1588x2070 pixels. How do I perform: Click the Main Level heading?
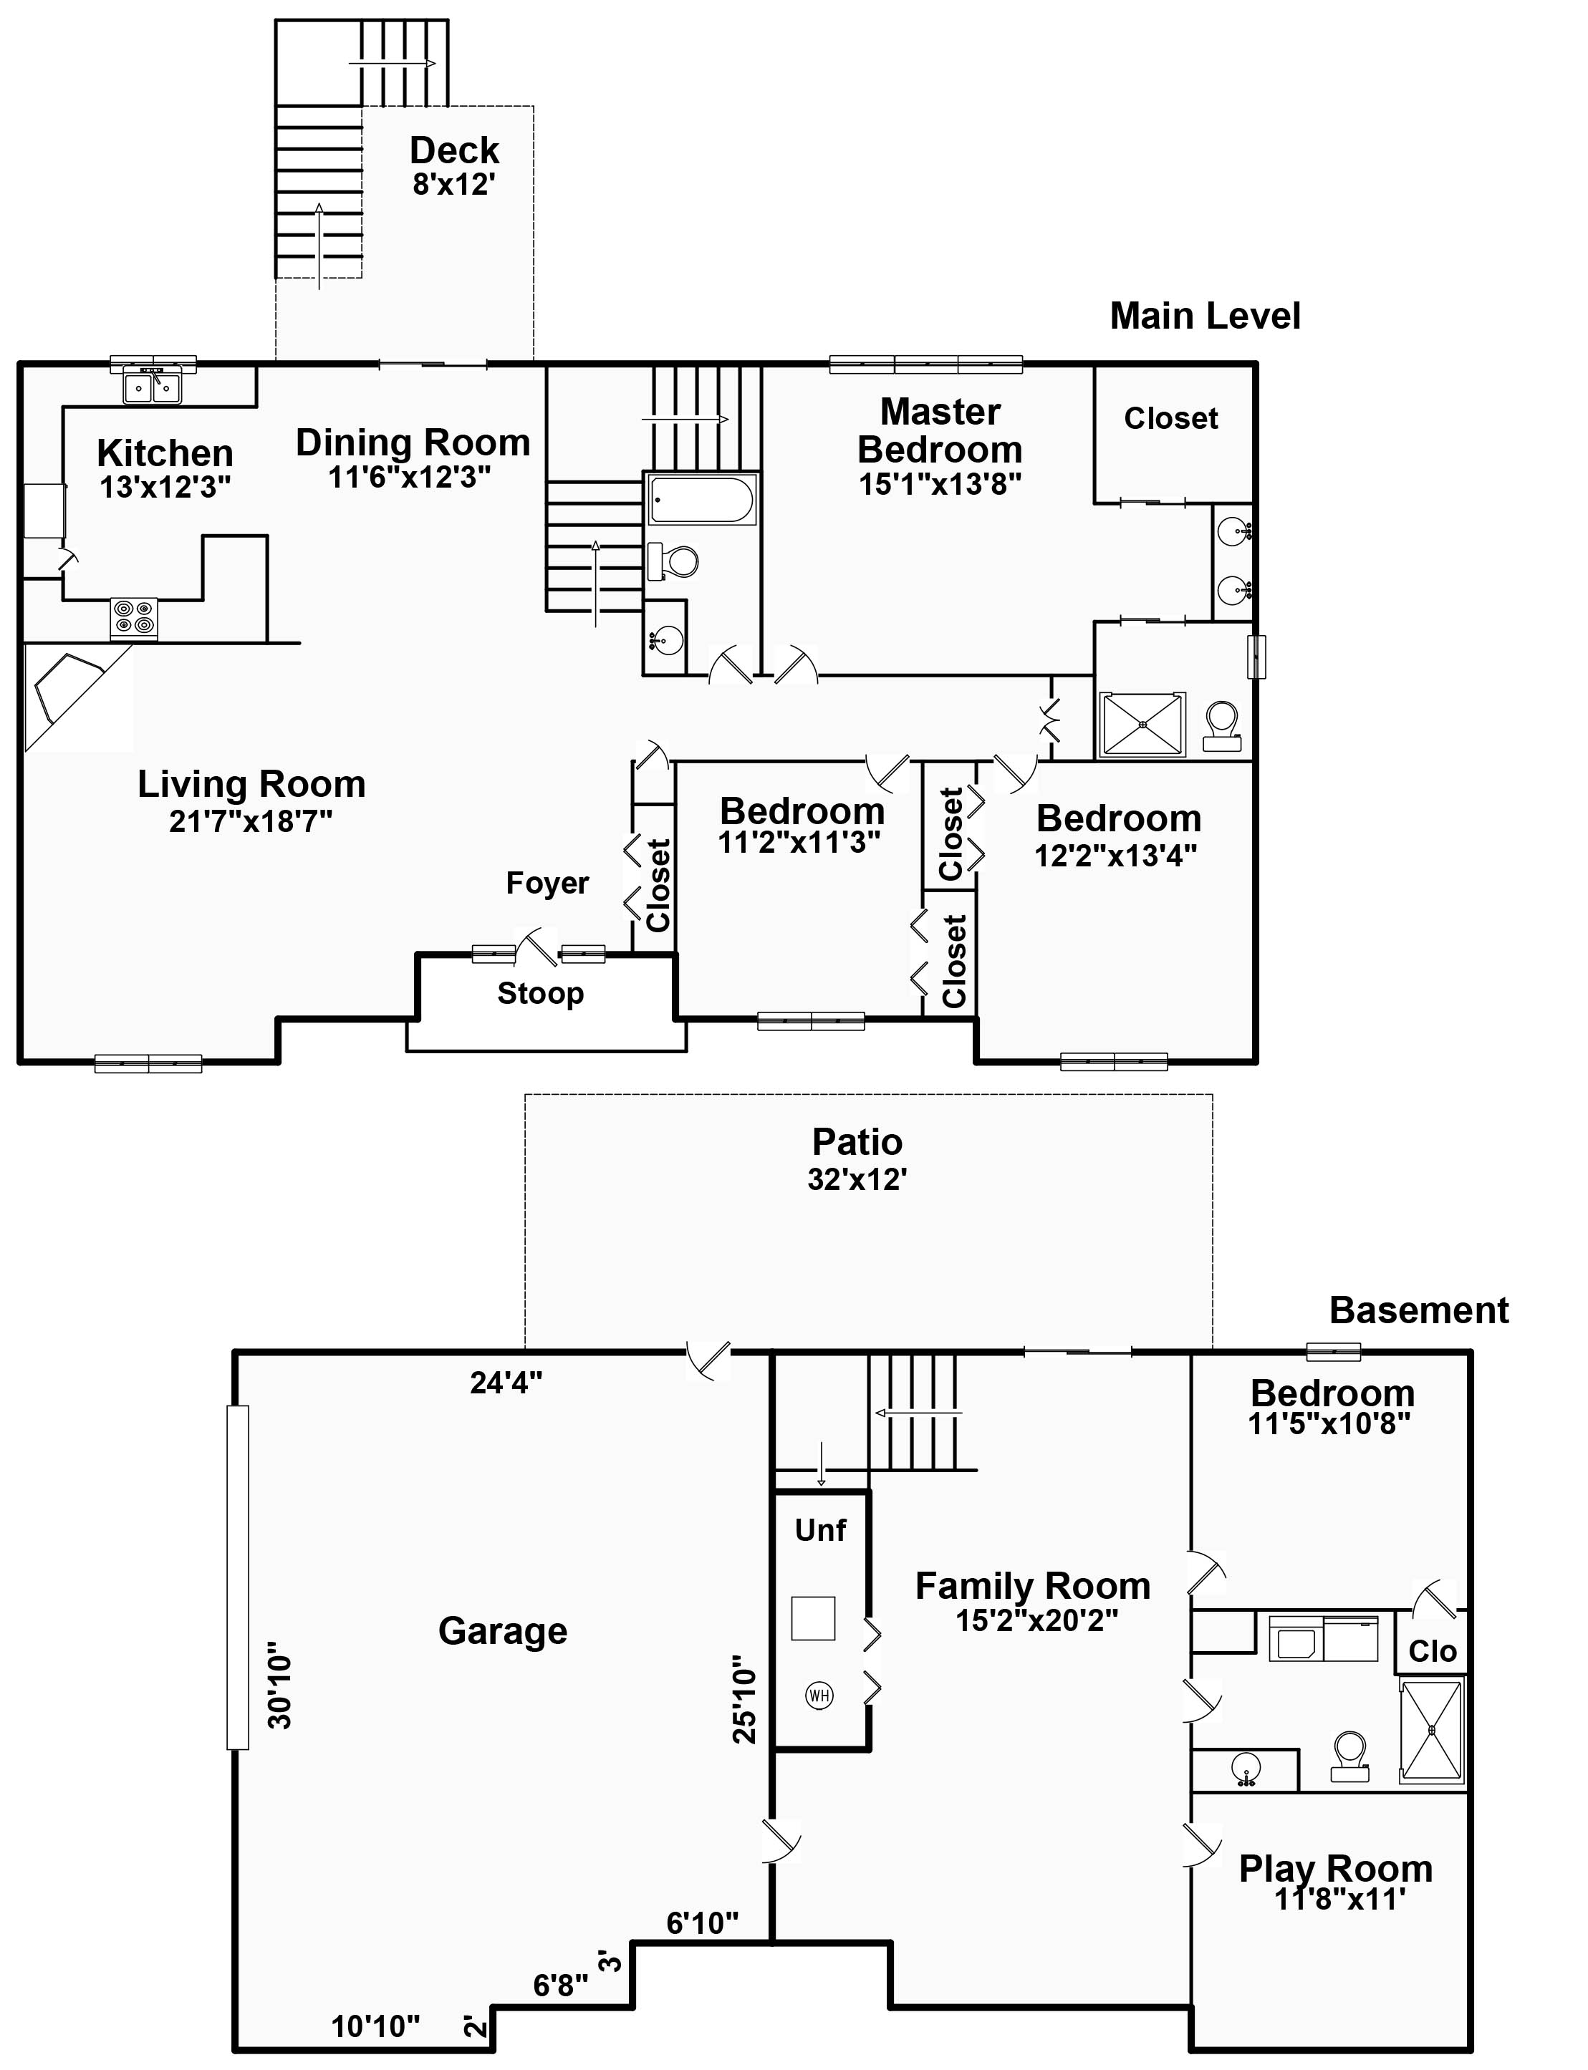coord(1206,316)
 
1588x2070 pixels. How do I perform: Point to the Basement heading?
coord(1419,1310)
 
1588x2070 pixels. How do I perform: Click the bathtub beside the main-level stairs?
coord(701,500)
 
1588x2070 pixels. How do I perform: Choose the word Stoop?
coord(541,994)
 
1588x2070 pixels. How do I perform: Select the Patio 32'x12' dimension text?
coord(857,1179)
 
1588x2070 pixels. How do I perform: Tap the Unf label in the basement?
coord(820,1529)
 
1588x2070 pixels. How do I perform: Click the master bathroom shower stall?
coord(1142,725)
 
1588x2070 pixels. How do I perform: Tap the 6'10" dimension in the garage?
coord(702,1923)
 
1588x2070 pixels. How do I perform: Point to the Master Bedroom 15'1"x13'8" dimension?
coord(940,484)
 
